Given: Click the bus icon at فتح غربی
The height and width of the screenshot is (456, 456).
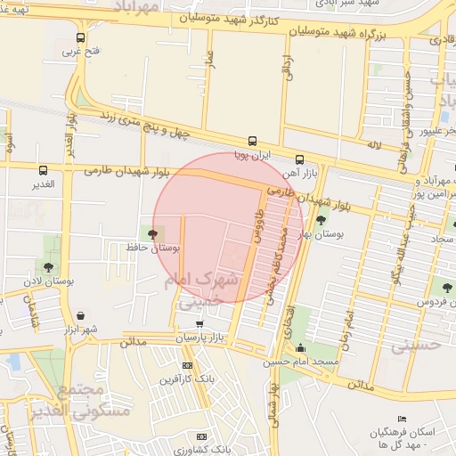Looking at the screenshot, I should point(81,37).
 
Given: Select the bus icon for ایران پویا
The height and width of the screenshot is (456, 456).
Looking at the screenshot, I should point(252,141).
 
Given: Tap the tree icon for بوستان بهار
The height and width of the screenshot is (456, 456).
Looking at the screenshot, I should point(321,218).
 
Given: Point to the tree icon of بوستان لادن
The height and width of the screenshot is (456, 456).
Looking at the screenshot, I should point(46,266).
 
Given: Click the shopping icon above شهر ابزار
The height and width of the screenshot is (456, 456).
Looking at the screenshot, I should point(81,315).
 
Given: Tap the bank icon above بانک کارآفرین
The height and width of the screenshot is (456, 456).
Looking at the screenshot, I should point(187,365).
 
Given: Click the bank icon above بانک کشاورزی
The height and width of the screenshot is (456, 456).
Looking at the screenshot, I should point(202,436).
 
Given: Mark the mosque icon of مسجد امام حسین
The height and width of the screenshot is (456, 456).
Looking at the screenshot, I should point(301,348).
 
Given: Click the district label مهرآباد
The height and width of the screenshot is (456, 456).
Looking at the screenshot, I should point(136,8).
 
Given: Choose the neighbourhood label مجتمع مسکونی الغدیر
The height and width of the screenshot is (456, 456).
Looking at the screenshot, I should point(82,398).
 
